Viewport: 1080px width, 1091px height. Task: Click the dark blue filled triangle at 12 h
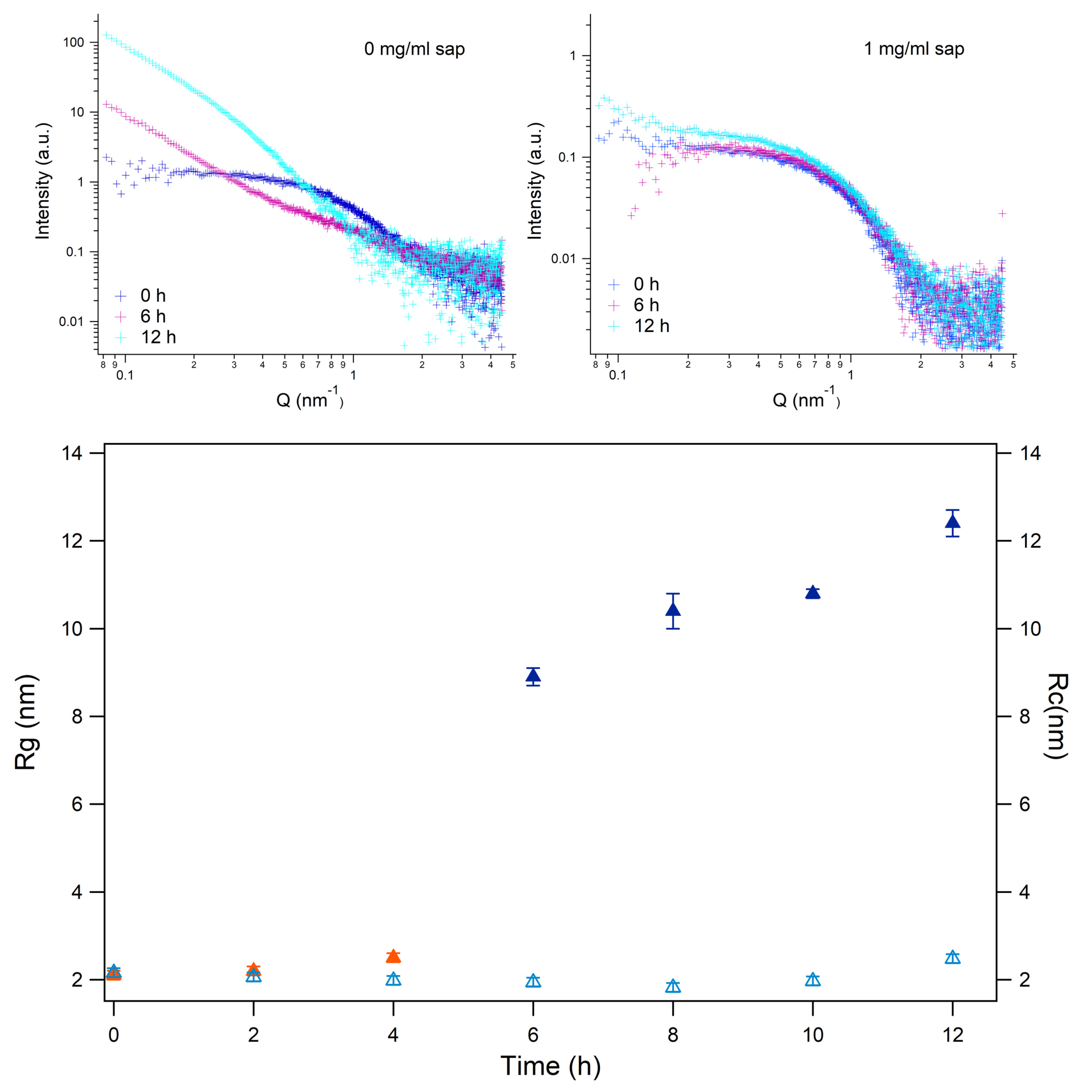pos(952,521)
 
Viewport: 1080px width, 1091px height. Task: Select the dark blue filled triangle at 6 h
pos(533,676)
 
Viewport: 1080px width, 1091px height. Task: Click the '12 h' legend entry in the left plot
pos(158,337)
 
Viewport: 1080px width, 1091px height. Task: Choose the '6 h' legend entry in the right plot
pos(646,305)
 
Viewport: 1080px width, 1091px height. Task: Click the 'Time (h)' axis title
pos(550,1066)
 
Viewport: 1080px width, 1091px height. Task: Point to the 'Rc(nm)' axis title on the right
pos(1056,716)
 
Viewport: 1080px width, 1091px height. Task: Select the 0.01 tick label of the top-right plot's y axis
pos(563,258)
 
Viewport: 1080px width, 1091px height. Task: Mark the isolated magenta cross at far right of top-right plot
pos(1002,213)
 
